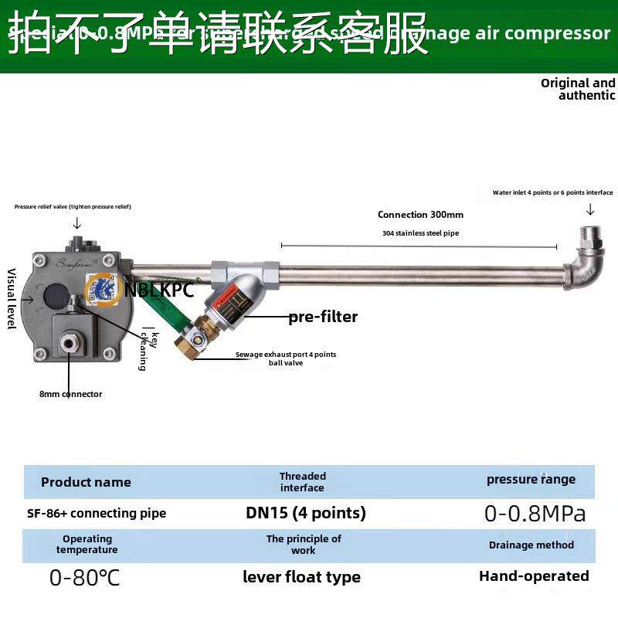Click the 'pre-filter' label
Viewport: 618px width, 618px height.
[323, 317]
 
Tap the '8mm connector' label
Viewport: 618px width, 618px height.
[70, 394]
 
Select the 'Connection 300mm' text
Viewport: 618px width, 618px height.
[420, 215]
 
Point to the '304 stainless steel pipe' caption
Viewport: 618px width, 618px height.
[420, 233]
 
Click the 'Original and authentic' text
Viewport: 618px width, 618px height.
[579, 89]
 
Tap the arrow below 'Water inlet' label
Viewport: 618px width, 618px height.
[590, 209]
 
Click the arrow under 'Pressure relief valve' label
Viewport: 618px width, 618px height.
[77, 223]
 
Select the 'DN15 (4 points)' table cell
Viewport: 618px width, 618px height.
[306, 513]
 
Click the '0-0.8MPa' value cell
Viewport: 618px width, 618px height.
[535, 514]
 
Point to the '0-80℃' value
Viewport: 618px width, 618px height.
[85, 578]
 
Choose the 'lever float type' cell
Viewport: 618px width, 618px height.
[301, 577]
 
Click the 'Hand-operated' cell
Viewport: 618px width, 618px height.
[534, 576]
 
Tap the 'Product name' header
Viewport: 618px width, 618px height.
[86, 482]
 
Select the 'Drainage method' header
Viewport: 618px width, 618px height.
[531, 545]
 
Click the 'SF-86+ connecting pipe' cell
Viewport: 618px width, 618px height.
[97, 513]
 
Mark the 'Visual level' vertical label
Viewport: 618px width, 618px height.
[12, 298]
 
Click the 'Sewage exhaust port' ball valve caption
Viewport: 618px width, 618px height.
[285, 358]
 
